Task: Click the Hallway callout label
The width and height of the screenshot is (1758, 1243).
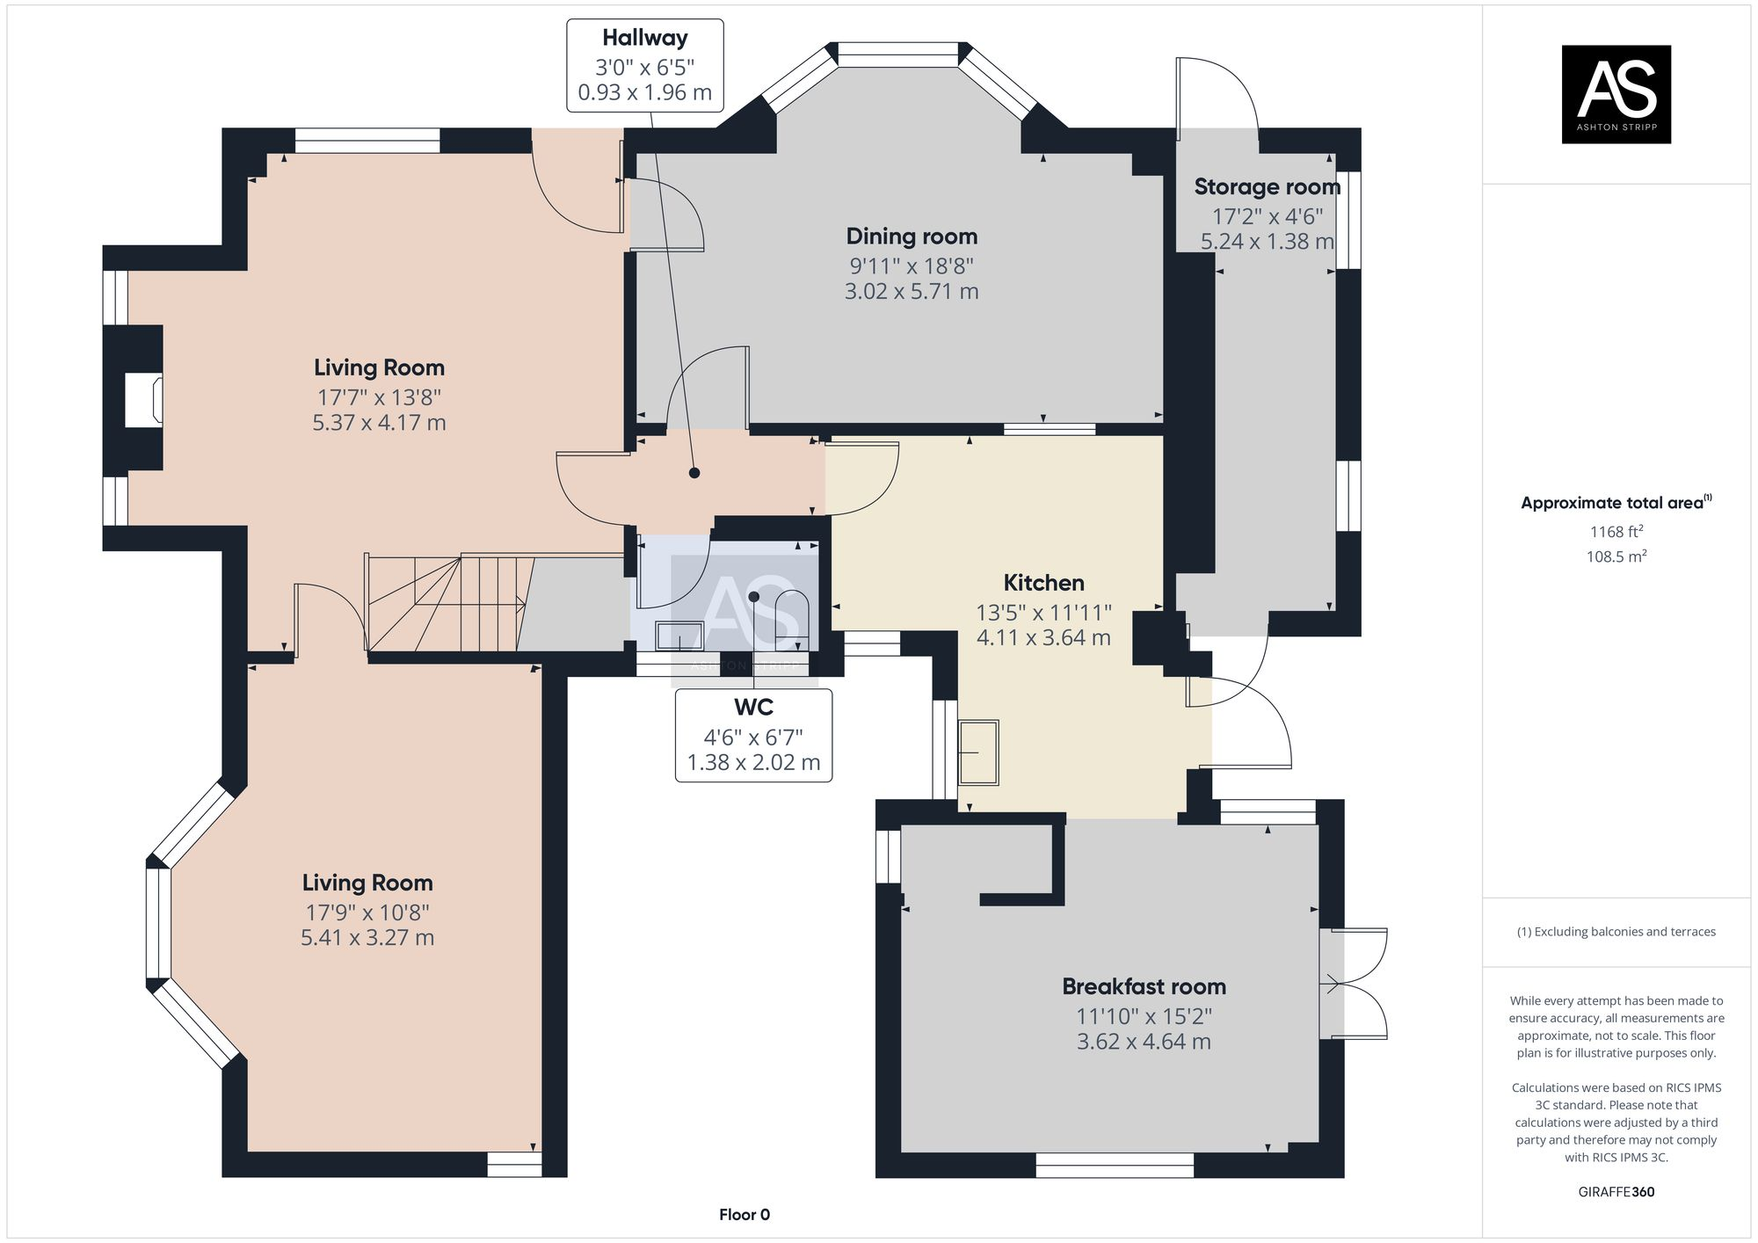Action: (x=644, y=65)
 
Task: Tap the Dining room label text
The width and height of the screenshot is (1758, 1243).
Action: (x=912, y=236)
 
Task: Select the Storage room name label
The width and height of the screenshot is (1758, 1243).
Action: (x=1267, y=187)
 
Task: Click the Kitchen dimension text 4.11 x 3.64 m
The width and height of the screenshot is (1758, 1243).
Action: (x=1043, y=637)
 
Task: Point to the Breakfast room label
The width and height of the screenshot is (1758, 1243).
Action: (x=1144, y=986)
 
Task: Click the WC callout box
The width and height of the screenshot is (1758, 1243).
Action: (x=753, y=735)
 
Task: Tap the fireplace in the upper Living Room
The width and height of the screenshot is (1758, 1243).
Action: (x=141, y=399)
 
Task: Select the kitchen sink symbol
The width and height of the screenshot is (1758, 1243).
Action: (x=977, y=752)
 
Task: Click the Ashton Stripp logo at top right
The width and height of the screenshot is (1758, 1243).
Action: (x=1616, y=94)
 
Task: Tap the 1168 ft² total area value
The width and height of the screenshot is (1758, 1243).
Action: (x=1616, y=532)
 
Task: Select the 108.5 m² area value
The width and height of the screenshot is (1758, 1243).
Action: (x=1616, y=556)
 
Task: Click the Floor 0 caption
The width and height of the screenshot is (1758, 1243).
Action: (x=744, y=1215)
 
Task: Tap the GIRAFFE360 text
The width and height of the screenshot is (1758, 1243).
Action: (x=1616, y=1192)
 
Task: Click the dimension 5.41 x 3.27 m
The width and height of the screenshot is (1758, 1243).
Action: (x=367, y=938)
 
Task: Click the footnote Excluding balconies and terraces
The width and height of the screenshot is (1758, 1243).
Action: (x=1616, y=932)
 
